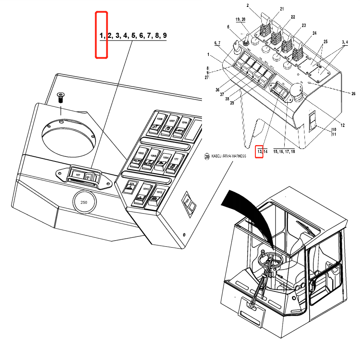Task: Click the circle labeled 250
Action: pos(84,202)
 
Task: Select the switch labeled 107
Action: pos(78,175)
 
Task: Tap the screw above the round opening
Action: pos(60,96)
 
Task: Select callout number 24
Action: pos(314,33)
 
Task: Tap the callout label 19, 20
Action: pos(240,20)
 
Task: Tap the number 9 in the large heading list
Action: pos(164,35)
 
